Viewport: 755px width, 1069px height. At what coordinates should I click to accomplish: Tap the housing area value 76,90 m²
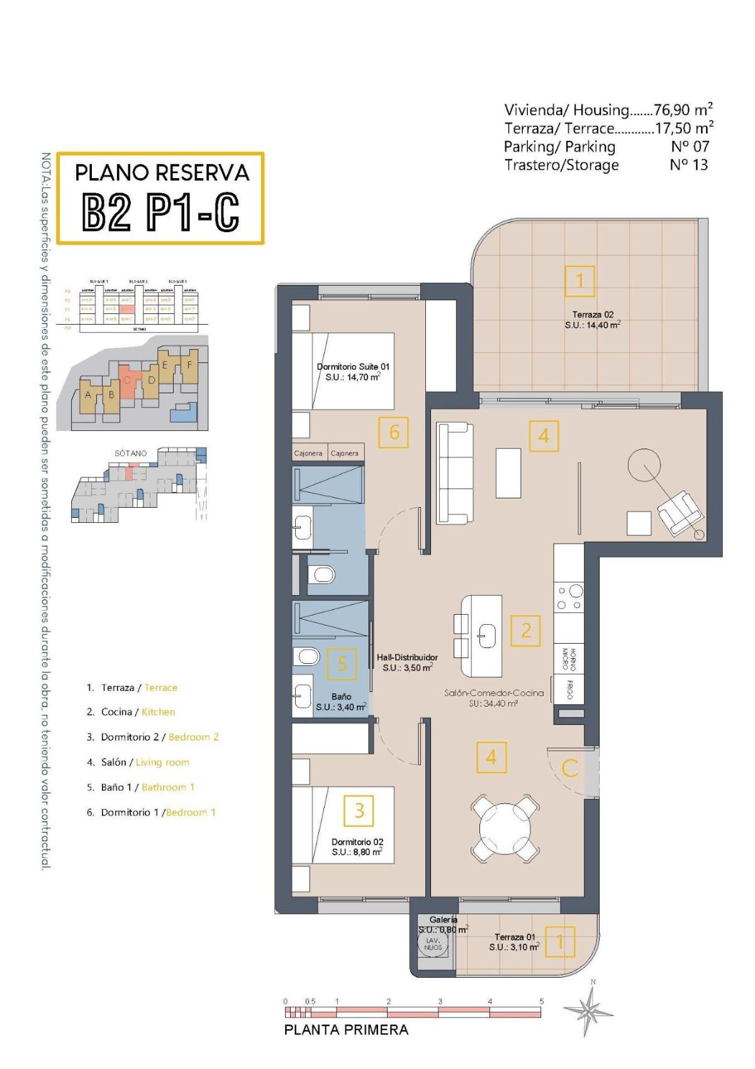pyautogui.click(x=683, y=109)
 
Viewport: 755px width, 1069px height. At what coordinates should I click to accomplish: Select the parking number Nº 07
pyautogui.click(x=690, y=147)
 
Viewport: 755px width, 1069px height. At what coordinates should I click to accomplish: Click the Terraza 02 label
pyautogui.click(x=592, y=315)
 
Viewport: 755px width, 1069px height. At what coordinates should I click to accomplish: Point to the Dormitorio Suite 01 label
pyautogui.click(x=353, y=367)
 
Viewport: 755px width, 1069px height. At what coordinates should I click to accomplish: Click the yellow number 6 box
pyautogui.click(x=394, y=432)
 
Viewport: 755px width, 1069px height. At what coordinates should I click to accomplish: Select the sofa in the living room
pyautogui.click(x=454, y=473)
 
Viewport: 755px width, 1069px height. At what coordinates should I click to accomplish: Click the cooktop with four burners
pyautogui.click(x=569, y=598)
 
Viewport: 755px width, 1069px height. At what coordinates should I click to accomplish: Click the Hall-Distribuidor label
pyautogui.click(x=407, y=658)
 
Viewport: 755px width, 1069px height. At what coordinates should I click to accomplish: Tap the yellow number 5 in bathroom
pyautogui.click(x=342, y=664)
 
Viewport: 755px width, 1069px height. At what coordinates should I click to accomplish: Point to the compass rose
pyautogui.click(x=590, y=1010)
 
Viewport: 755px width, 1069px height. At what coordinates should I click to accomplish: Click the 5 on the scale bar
pyautogui.click(x=541, y=1001)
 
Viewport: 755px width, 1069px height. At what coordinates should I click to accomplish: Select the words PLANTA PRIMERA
pyautogui.click(x=346, y=1030)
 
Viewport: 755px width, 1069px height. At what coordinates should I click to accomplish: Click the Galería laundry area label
pyautogui.click(x=443, y=920)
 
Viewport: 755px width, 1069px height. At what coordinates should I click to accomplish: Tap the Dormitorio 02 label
pyautogui.click(x=357, y=842)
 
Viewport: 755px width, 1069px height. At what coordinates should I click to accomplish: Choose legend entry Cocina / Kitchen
pyautogui.click(x=138, y=712)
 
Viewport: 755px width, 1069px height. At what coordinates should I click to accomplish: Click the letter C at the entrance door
pyautogui.click(x=569, y=768)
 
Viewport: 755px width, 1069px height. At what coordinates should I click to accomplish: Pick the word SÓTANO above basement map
pyautogui.click(x=130, y=453)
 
